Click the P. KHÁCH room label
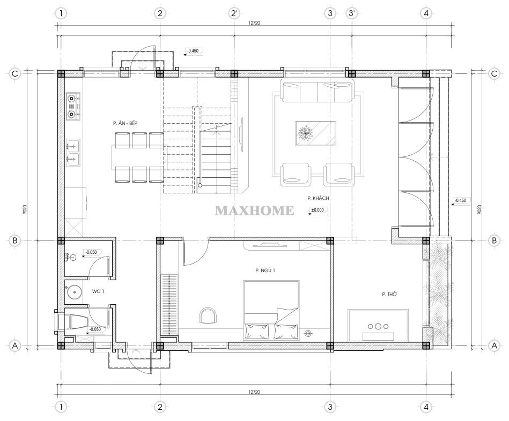[x=318, y=198]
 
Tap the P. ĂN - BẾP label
[x=126, y=123]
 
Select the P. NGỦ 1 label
[x=265, y=270]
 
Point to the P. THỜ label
[x=389, y=294]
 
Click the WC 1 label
[x=98, y=291]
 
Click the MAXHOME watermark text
[x=254, y=210]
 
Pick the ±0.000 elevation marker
[x=317, y=210]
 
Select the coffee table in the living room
[x=315, y=133]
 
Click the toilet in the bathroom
[x=72, y=321]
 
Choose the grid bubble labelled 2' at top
[x=234, y=13]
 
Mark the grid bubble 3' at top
[x=351, y=13]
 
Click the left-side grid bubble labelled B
[x=14, y=240]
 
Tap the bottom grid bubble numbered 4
[x=426, y=407]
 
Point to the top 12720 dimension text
[x=254, y=23]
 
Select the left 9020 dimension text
[x=26, y=209]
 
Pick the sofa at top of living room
[x=316, y=92]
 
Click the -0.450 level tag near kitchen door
[x=193, y=51]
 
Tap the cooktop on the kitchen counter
[x=73, y=106]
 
